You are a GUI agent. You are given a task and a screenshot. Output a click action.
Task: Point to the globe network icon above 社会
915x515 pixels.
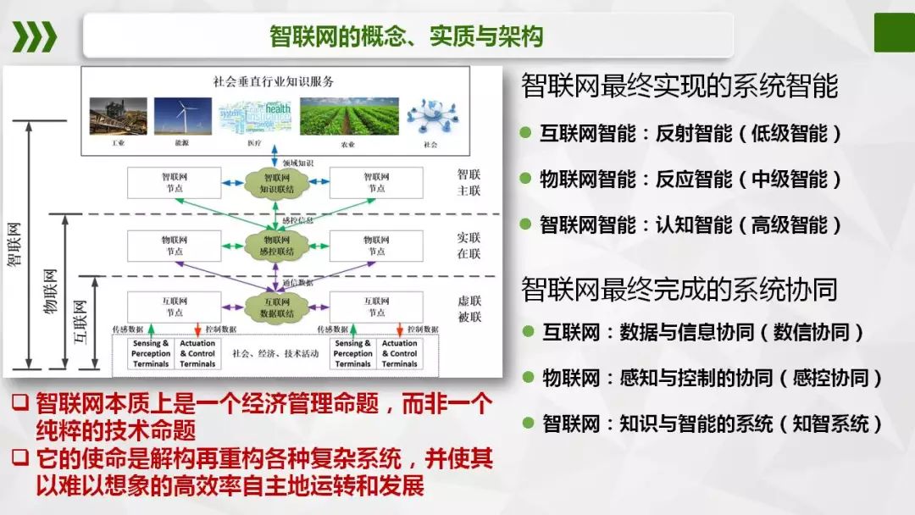click(430, 117)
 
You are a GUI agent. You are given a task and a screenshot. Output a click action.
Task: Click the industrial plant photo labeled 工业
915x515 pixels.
click(118, 117)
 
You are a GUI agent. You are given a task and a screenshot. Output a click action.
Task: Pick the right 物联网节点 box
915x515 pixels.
click(376, 246)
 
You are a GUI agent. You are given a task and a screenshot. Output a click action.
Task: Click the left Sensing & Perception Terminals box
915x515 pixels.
click(152, 353)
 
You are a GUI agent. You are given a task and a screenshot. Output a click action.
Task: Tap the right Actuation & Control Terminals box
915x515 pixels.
click(400, 353)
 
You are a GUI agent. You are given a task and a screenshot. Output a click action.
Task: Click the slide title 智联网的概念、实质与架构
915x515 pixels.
click(406, 36)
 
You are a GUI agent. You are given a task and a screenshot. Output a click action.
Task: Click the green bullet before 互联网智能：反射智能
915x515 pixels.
click(525, 133)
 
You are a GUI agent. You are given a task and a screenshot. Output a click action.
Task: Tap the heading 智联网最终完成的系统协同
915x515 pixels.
click(679, 289)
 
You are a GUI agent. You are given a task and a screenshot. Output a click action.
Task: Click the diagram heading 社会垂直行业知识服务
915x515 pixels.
click(274, 82)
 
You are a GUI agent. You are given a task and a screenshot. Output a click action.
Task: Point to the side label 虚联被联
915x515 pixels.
click(469, 308)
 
